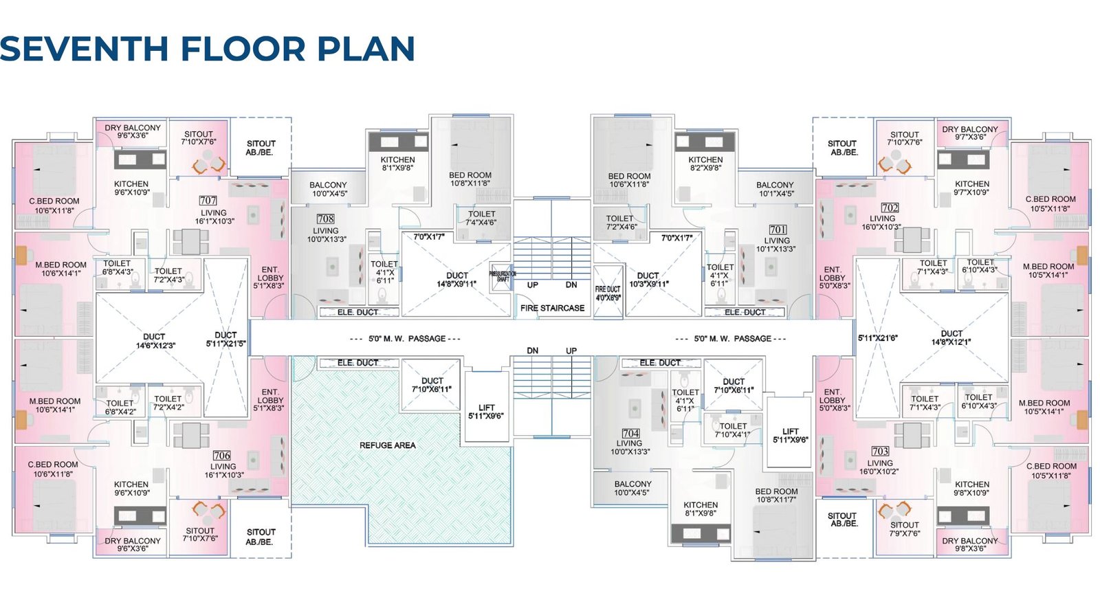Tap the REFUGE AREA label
click(x=387, y=445)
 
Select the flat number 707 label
click(x=208, y=201)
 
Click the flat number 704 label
click(x=630, y=434)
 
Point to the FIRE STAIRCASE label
click(x=552, y=308)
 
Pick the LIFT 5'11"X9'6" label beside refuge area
click(x=486, y=412)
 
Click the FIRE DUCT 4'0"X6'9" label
click(x=608, y=293)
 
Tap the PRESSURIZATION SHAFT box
click(x=502, y=276)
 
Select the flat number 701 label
click(x=778, y=230)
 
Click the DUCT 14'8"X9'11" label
click(x=456, y=280)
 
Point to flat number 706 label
click(x=221, y=456)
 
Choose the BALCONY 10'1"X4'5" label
click(x=775, y=189)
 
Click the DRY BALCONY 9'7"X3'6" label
click(x=969, y=133)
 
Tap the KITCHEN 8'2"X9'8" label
click(x=705, y=164)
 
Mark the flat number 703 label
click(x=880, y=452)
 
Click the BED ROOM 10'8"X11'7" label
click(x=776, y=496)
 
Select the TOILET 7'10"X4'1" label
click(x=732, y=430)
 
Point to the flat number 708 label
click(x=325, y=219)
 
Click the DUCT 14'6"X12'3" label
click(x=155, y=341)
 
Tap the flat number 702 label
click(x=890, y=208)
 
